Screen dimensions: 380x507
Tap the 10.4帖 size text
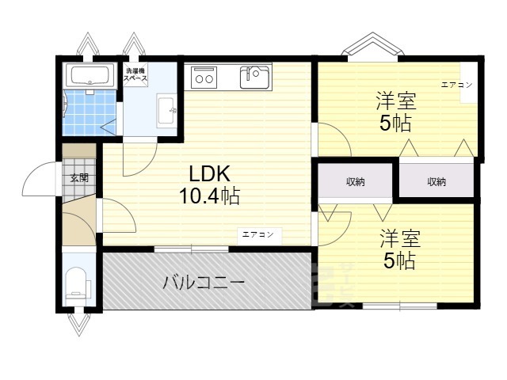point(210,196)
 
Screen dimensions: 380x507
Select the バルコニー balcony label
point(204,282)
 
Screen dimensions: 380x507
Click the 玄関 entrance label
point(78,178)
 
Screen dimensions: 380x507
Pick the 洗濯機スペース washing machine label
point(133,76)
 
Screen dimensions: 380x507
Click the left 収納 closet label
point(355,182)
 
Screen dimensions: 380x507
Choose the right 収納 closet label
point(436,182)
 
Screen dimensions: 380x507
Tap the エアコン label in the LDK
point(257,234)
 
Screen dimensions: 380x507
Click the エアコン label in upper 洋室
point(457,84)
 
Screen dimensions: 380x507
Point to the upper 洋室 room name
point(396,101)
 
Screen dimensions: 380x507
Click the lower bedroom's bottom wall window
point(399,306)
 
